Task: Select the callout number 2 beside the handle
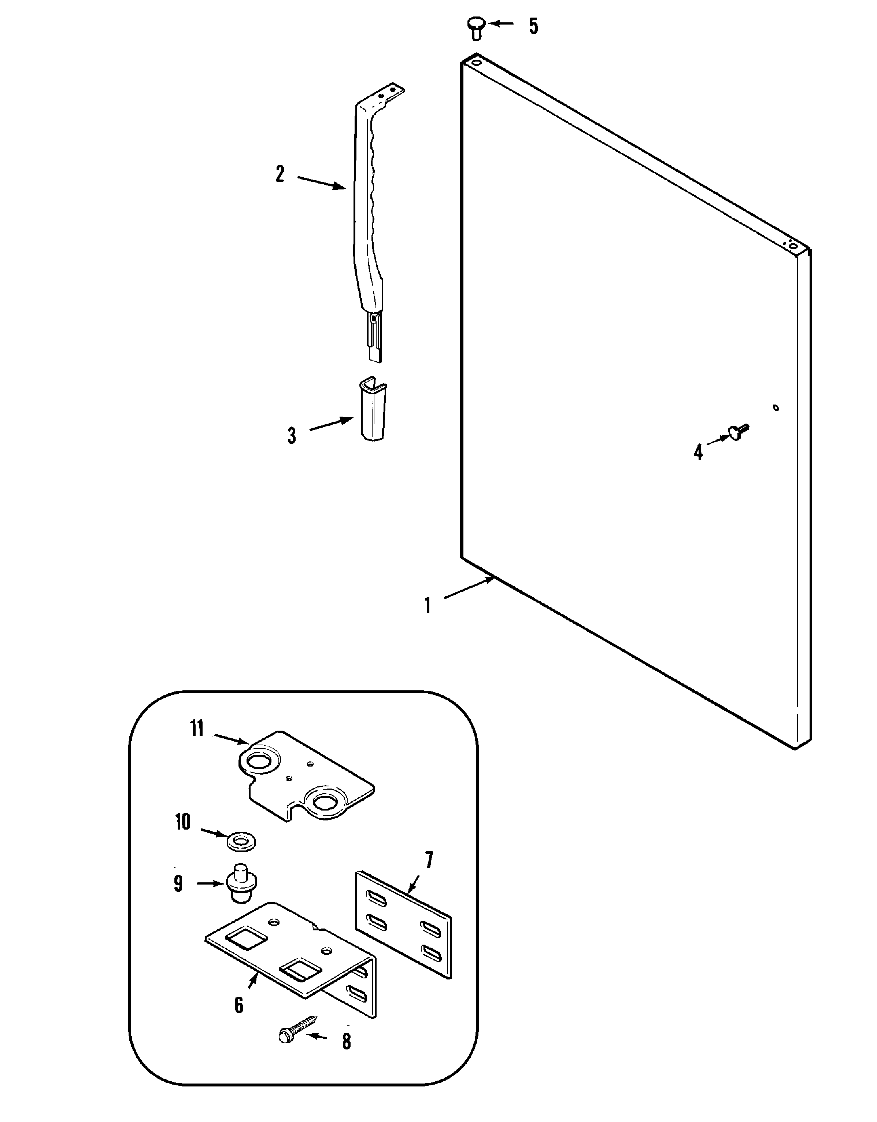(280, 174)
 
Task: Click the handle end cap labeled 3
(373, 411)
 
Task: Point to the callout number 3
(292, 436)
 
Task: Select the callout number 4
(698, 452)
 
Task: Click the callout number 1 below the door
(427, 606)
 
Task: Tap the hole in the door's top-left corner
(477, 62)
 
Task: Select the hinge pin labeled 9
(239, 883)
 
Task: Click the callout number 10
(183, 822)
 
